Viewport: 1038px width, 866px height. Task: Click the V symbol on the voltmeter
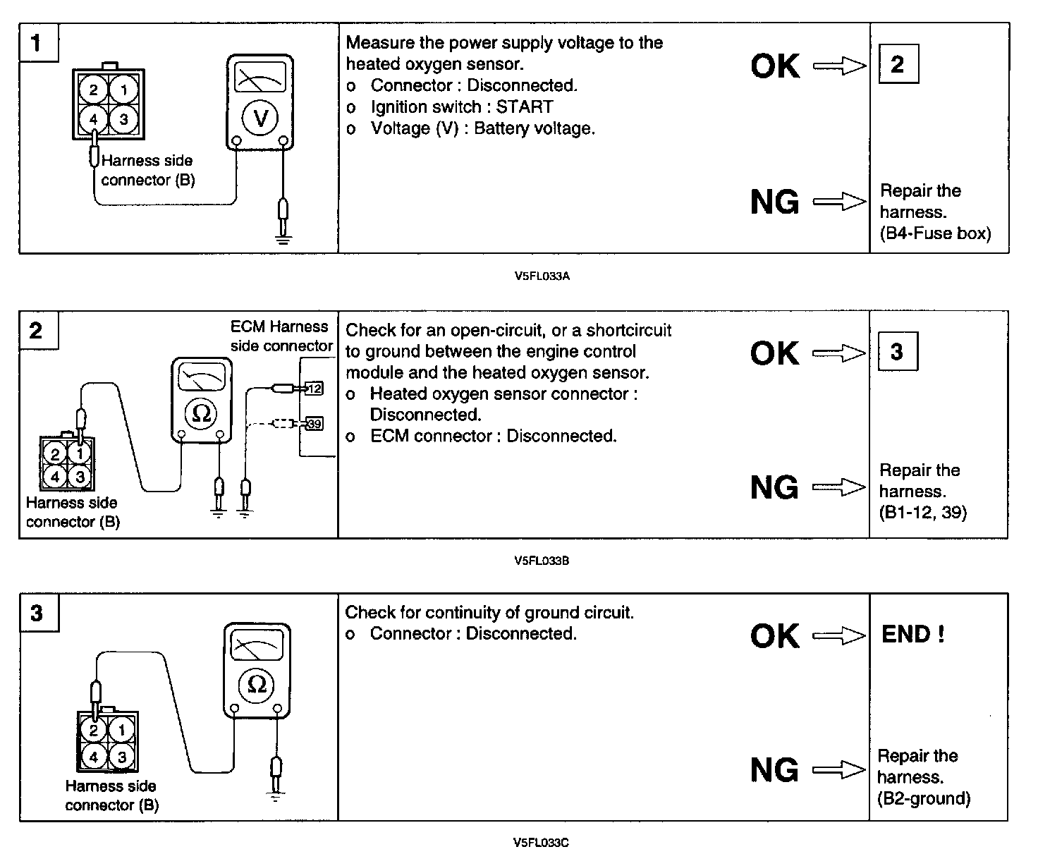(x=260, y=118)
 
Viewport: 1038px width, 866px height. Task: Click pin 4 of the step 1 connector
(x=94, y=118)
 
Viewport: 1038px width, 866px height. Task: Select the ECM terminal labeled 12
(x=314, y=388)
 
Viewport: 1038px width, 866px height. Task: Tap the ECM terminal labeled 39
(x=314, y=424)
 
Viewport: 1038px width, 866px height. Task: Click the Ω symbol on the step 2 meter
(x=202, y=414)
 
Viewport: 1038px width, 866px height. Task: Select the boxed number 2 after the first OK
(x=898, y=65)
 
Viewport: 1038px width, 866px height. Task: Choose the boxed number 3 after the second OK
(x=897, y=352)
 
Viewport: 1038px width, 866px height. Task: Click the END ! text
(x=912, y=635)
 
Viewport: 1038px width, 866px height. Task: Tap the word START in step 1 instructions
(x=525, y=107)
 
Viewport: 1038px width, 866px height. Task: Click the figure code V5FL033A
(x=542, y=276)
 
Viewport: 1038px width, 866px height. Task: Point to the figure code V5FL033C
(x=541, y=842)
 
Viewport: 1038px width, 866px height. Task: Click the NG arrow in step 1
(x=839, y=202)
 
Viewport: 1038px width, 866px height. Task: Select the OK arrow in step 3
(x=839, y=636)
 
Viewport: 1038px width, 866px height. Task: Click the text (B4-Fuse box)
(x=935, y=233)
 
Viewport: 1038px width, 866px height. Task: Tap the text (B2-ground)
(x=924, y=798)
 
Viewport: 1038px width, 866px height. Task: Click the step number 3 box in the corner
(x=37, y=613)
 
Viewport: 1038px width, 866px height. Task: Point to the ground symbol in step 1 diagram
(x=283, y=240)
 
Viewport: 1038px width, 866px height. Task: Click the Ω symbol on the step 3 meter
(x=257, y=684)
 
